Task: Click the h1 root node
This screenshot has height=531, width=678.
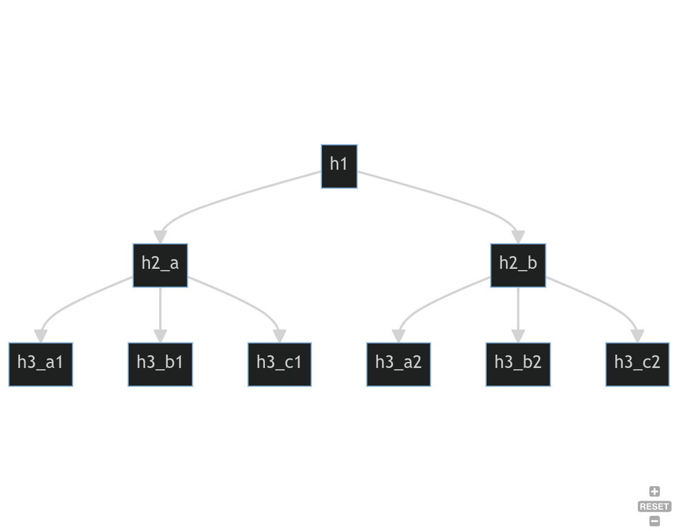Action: point(339,166)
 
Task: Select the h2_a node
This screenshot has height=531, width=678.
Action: point(160,265)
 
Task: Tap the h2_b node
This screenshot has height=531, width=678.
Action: point(518,265)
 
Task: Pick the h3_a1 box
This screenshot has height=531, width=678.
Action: point(41,364)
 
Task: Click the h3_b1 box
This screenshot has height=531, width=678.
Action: point(160,364)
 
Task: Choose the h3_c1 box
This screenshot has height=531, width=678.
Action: point(279,364)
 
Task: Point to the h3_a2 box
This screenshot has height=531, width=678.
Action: point(399,364)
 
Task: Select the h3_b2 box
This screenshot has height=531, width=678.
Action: point(518,364)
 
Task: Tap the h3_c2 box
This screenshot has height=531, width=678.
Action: point(637,364)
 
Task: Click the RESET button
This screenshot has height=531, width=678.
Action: point(654,506)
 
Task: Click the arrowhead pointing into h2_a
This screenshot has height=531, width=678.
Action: point(160,237)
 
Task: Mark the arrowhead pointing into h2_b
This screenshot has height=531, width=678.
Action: point(518,237)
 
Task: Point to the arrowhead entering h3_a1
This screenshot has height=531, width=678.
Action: point(41,336)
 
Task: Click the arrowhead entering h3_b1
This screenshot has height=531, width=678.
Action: point(160,336)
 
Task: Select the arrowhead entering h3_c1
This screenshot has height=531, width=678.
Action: point(279,336)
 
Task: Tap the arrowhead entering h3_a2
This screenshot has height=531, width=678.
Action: point(399,336)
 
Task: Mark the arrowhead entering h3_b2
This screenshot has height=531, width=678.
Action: point(518,336)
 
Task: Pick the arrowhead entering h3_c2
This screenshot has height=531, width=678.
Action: point(637,336)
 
